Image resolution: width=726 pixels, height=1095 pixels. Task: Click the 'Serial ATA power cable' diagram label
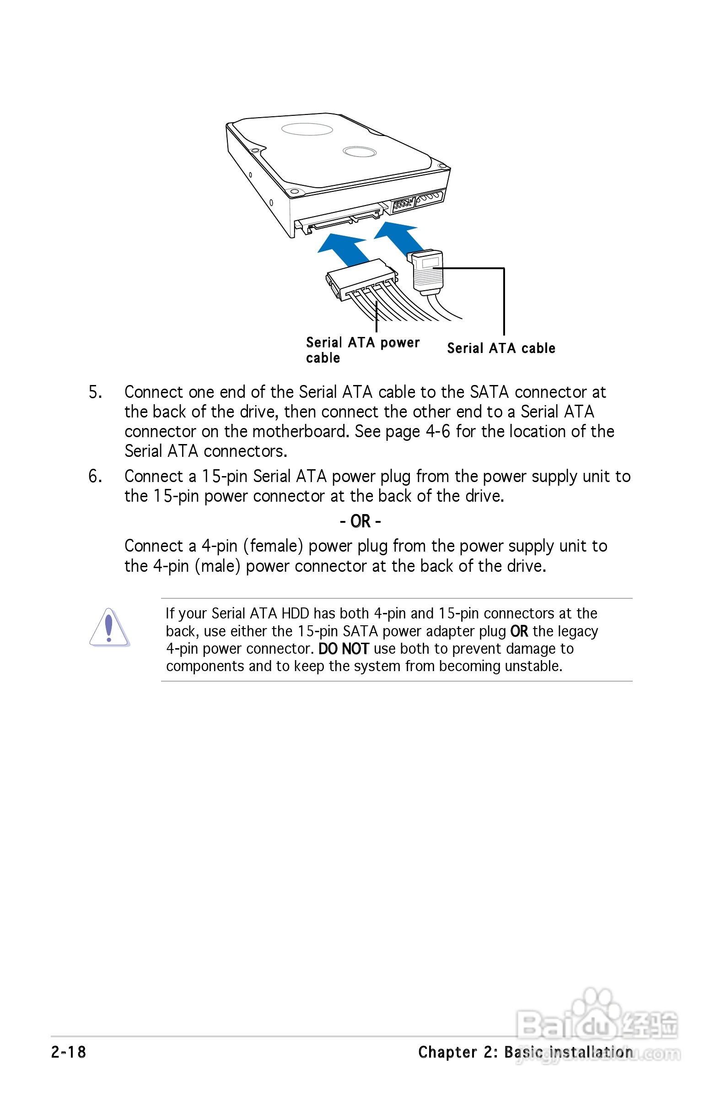coord(362,350)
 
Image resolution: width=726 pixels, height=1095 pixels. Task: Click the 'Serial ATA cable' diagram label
coord(501,348)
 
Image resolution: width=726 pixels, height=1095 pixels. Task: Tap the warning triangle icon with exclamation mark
coord(109,628)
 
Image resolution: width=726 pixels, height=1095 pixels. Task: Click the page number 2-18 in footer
coord(69,1052)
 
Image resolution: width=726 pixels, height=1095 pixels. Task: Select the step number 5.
coord(95,392)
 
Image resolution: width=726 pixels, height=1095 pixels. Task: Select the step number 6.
coord(95,476)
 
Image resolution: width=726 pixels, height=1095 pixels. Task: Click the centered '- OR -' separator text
coord(360,521)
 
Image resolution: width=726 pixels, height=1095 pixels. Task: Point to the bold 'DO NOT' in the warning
coord(343,649)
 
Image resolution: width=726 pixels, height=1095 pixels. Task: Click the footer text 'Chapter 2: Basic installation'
coord(525,1052)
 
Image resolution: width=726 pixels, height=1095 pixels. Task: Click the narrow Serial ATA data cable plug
coord(427,271)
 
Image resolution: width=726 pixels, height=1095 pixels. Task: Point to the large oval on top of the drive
coord(307,129)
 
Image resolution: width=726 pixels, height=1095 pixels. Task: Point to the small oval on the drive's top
coord(359,151)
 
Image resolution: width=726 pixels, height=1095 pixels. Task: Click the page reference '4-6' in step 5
coord(437,432)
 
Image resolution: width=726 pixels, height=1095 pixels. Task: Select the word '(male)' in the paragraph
coord(218,566)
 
